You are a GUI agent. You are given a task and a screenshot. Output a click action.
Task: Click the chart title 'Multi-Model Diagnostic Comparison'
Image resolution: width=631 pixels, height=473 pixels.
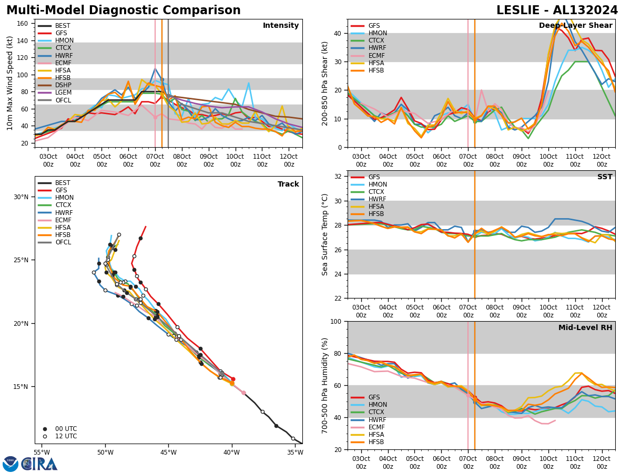124,11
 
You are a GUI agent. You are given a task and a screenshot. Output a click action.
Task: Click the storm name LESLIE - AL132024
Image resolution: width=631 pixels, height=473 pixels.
557,11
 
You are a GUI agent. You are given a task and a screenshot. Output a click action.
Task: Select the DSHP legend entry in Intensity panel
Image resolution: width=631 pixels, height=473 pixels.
63,85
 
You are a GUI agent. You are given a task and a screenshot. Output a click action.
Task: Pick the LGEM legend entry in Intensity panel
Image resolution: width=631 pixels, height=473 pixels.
63,92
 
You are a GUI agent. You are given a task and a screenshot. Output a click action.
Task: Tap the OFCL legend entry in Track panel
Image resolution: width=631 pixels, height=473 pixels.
63,242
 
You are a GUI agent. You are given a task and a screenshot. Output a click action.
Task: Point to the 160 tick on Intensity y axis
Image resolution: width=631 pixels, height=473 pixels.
24,24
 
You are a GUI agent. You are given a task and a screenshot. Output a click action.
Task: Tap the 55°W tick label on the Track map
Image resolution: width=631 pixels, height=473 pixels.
42,453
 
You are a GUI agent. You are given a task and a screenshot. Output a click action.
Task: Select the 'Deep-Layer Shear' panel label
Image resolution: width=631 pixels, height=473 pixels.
575,26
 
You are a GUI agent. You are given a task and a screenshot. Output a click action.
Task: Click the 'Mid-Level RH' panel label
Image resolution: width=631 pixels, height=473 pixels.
585,328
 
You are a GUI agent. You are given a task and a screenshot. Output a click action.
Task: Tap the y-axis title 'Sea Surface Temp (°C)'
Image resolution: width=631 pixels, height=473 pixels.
325,234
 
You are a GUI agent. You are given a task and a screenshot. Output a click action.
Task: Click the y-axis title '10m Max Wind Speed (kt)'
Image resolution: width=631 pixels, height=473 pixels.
10,83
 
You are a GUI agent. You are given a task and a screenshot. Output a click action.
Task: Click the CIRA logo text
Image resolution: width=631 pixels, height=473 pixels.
39,464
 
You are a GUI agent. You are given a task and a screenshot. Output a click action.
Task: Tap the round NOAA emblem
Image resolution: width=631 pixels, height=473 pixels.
11,464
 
